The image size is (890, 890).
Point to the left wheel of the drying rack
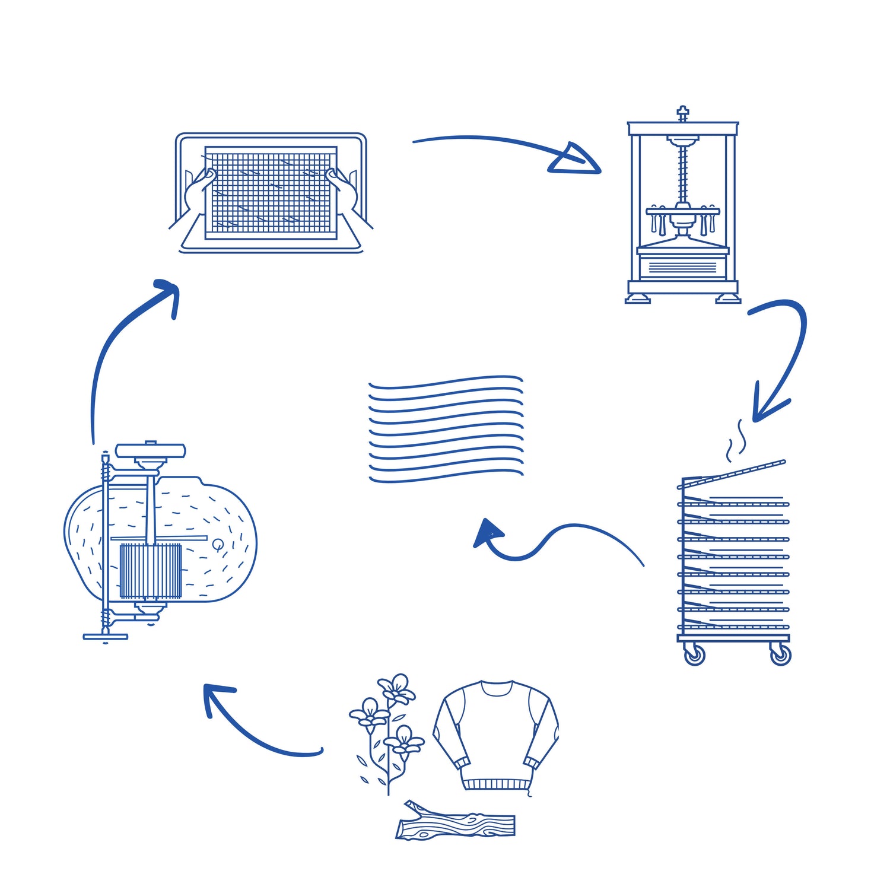pyautogui.click(x=694, y=654)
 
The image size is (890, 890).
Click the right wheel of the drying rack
pyautogui.click(x=780, y=654)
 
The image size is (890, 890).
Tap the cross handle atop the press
pyautogui.click(x=683, y=112)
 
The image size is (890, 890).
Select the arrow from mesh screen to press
pyautogui.click(x=510, y=148)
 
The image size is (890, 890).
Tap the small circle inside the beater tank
pyautogui.click(x=218, y=543)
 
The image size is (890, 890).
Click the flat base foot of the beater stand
pyautogui.click(x=106, y=637)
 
